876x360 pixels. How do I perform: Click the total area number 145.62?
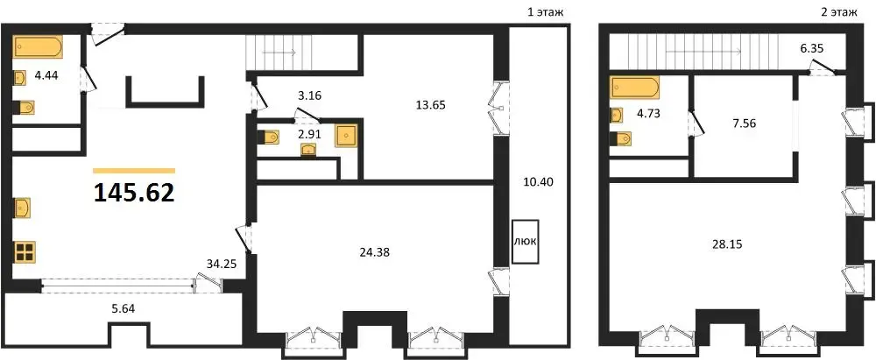pos(134,193)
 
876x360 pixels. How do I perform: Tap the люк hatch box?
pos(525,242)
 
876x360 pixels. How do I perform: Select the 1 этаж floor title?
pos(546,11)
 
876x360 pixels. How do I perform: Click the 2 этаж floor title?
pos(839,11)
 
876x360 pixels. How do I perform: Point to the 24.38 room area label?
pos(375,252)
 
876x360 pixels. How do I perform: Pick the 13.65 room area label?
pos(430,104)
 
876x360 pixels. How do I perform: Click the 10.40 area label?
pos(539,182)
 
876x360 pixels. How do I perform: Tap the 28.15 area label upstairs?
pos(727,244)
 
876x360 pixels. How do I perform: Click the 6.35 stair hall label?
pos(812,49)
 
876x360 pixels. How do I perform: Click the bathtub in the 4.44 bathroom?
pos(38,47)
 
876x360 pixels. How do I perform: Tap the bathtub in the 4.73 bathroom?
pos(634,88)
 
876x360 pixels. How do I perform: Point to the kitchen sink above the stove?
pos(22,208)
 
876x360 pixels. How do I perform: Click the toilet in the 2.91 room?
pos(268,137)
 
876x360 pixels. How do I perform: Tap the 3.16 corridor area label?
pos(309,95)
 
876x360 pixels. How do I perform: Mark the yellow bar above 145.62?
pos(134,171)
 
